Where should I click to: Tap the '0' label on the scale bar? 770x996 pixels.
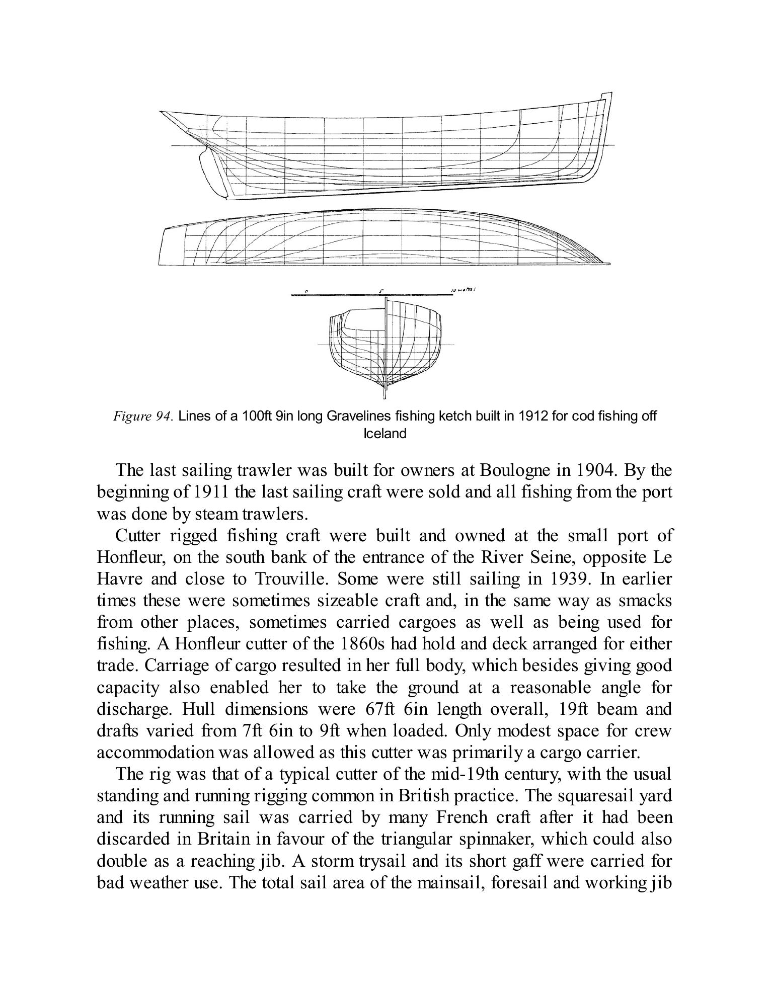[306, 291]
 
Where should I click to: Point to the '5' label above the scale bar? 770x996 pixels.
[381, 291]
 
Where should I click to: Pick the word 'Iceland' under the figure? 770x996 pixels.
[384, 434]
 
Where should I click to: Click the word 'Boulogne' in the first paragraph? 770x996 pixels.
[513, 470]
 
